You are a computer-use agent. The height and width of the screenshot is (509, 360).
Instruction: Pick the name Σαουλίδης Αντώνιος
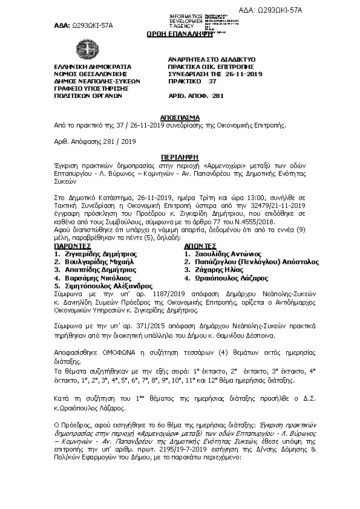point(226,255)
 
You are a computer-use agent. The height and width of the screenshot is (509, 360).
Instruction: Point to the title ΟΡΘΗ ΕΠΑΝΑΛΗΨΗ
point(180,35)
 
